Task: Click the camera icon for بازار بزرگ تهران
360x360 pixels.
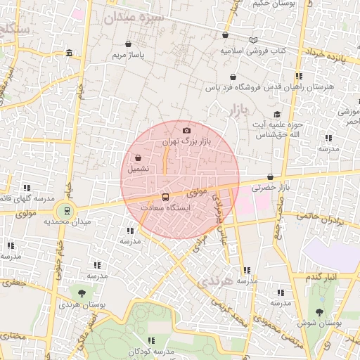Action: coord(186,130)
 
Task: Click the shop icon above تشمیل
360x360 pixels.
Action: coord(137,157)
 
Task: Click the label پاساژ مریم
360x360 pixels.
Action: coord(129,53)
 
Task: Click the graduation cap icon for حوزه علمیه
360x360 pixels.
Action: coord(277,115)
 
